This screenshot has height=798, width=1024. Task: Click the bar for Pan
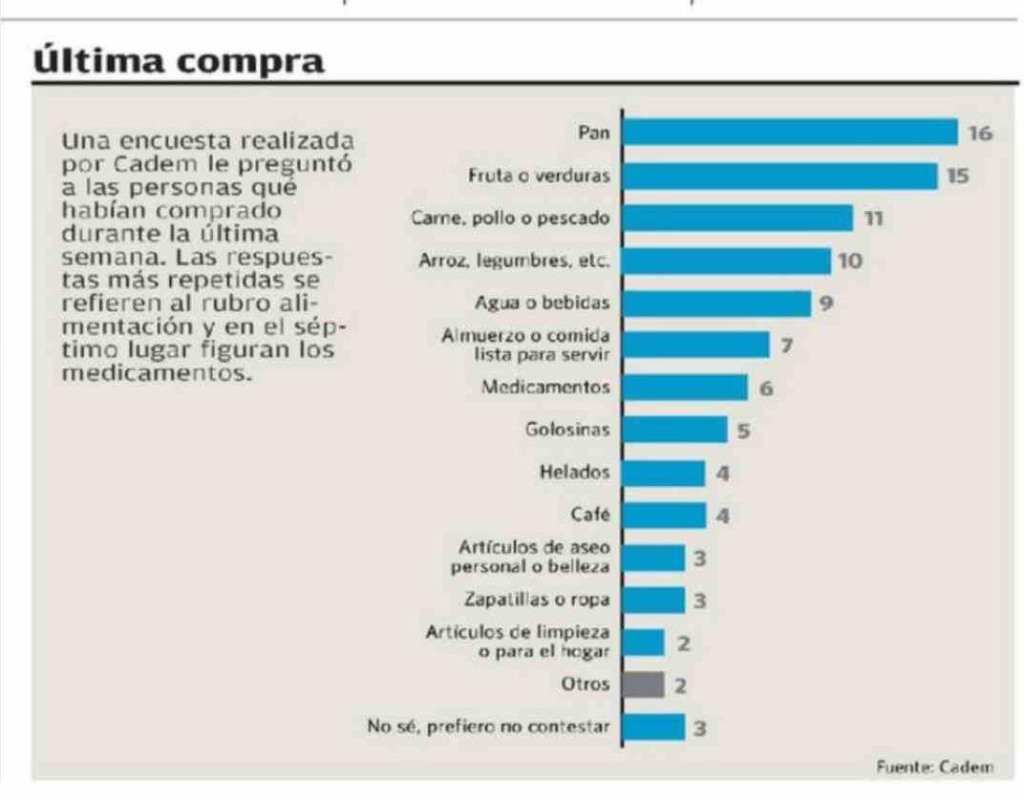tap(789, 132)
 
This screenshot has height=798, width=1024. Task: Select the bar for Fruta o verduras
tap(779, 176)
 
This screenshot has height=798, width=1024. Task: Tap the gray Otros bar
tap(642, 684)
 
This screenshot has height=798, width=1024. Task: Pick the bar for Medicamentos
tap(684, 388)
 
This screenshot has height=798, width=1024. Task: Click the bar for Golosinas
tap(673, 430)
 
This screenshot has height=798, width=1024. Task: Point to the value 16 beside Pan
tap(980, 133)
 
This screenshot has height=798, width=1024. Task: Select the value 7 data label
tap(786, 345)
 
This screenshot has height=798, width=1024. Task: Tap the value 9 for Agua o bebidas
tap(827, 303)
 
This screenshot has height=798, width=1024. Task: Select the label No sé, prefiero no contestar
tap(489, 727)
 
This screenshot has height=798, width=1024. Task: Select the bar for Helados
tap(663, 472)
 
